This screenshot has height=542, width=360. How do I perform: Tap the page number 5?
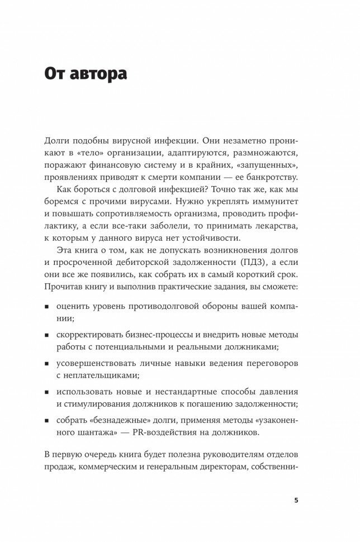pyautogui.click(x=296, y=500)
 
